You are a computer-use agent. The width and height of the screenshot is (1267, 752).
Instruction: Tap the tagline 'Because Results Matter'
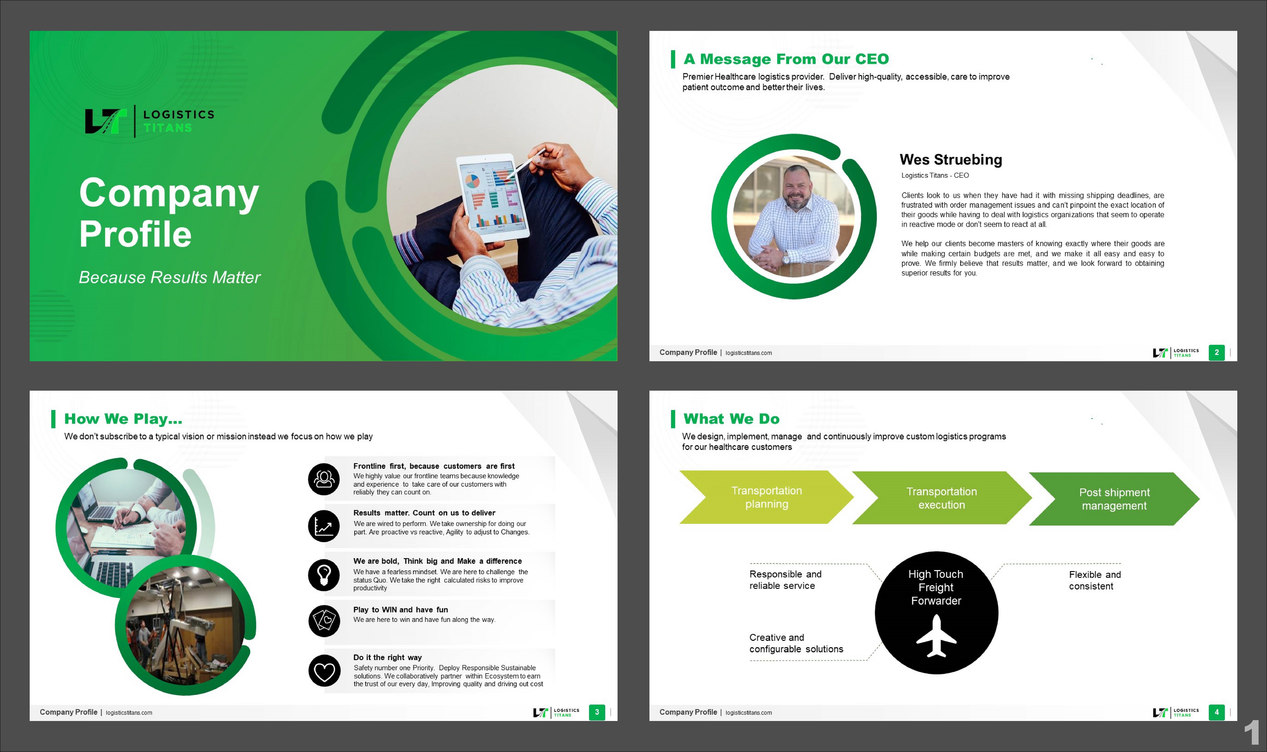pos(169,277)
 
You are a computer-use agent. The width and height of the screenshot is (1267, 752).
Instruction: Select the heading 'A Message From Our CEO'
pos(786,59)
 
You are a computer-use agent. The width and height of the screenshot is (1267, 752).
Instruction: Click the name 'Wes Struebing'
pos(951,160)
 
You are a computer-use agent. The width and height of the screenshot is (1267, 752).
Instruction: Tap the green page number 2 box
pos(1216,352)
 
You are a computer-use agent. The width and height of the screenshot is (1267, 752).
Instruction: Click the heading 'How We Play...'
pos(123,419)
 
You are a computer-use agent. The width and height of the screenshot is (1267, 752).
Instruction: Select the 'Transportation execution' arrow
pos(941,498)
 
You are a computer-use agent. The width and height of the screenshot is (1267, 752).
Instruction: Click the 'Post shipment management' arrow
pos(1114,499)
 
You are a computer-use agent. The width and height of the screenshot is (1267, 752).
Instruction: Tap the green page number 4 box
pos(1216,712)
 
